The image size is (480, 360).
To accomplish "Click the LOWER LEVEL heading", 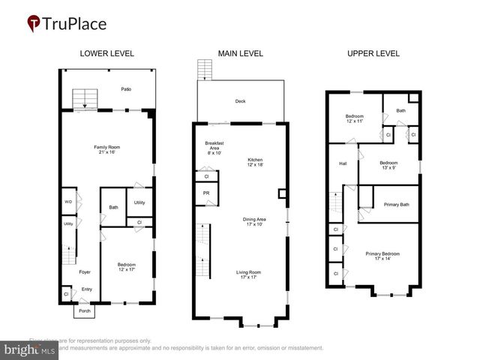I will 106,54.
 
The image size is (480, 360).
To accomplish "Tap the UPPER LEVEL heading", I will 373,54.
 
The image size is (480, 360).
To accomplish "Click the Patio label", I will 127,89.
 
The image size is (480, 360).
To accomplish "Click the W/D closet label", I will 68,201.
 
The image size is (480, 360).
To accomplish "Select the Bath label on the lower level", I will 113,208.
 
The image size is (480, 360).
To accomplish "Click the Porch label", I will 85,310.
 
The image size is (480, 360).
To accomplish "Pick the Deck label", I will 240,101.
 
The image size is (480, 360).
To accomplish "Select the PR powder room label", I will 206,193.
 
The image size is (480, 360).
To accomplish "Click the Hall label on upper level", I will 342,163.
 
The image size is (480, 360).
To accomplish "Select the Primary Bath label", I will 396,204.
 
